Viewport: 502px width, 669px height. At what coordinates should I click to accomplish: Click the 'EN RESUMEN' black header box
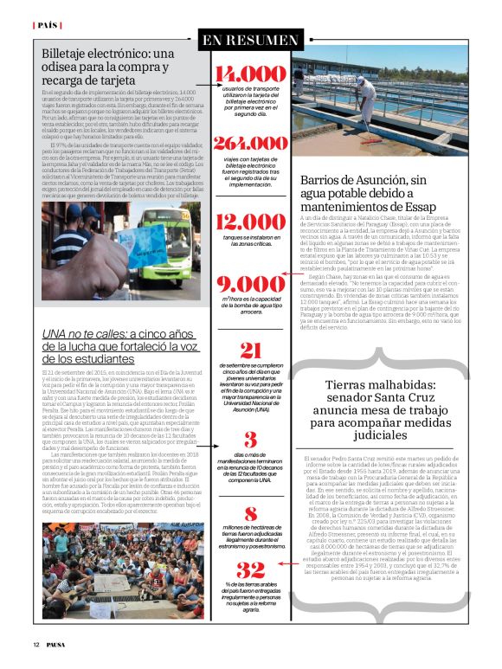[250, 40]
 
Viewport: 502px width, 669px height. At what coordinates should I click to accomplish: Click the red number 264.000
[250, 144]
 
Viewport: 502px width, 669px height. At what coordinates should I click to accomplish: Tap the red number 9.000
[250, 285]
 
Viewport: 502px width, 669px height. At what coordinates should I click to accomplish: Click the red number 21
[250, 351]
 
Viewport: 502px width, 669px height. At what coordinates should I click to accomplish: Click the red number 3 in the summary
[250, 439]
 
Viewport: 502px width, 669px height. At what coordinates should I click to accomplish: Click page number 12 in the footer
[37, 645]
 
